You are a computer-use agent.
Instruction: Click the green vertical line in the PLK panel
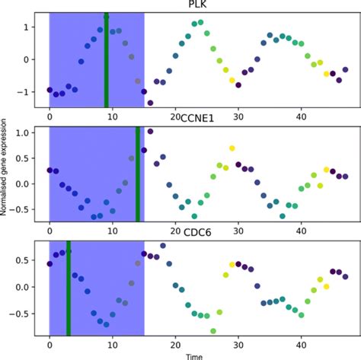tap(106, 61)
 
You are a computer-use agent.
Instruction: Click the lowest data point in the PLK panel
tap(150, 103)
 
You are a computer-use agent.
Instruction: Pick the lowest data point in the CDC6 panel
tap(213, 331)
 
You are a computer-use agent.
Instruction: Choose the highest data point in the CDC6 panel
tap(162, 245)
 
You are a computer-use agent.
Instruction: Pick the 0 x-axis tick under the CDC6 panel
tap(50, 343)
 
